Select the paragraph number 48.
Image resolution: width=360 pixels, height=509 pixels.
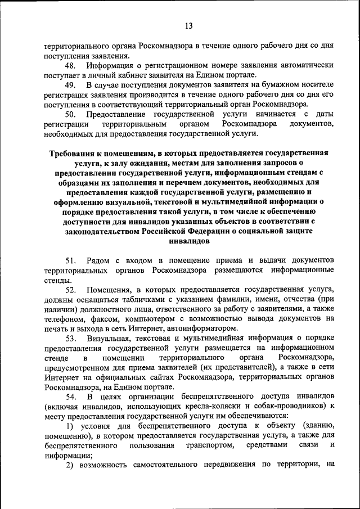tap(71, 66)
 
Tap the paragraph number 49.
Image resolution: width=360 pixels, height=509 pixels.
tap(71, 84)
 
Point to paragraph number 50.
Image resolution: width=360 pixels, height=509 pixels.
tap(71, 114)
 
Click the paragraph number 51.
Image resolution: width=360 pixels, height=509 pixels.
tap(71, 261)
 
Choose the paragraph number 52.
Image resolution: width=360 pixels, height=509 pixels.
tap(71, 290)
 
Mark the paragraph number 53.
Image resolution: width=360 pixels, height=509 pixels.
tap(71, 339)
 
